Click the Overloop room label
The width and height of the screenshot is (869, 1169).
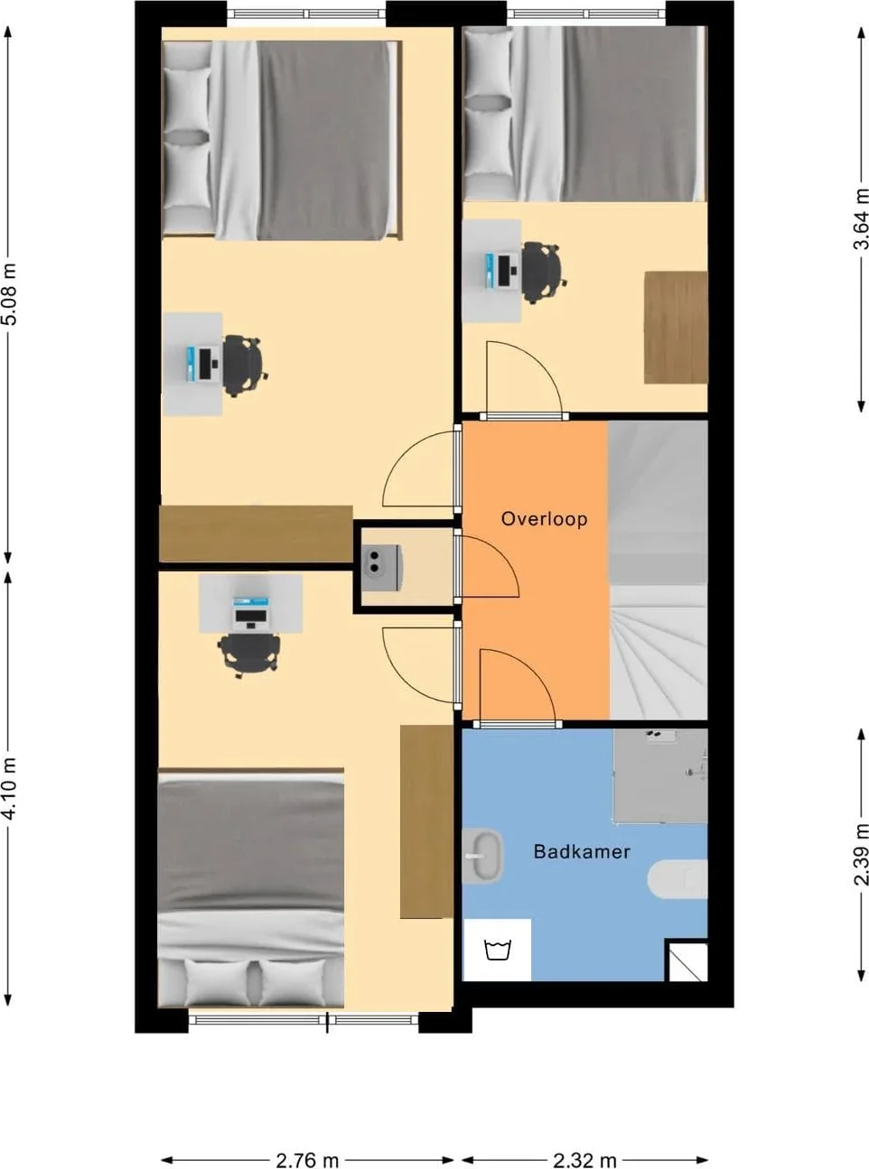(x=544, y=519)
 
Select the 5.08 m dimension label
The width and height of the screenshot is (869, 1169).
(x=10, y=293)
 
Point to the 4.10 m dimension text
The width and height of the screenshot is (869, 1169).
(x=10, y=788)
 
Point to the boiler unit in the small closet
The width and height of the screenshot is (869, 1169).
(x=381, y=568)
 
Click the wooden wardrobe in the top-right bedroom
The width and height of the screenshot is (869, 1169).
(x=676, y=328)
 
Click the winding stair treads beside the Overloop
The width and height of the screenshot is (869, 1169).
(x=659, y=654)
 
